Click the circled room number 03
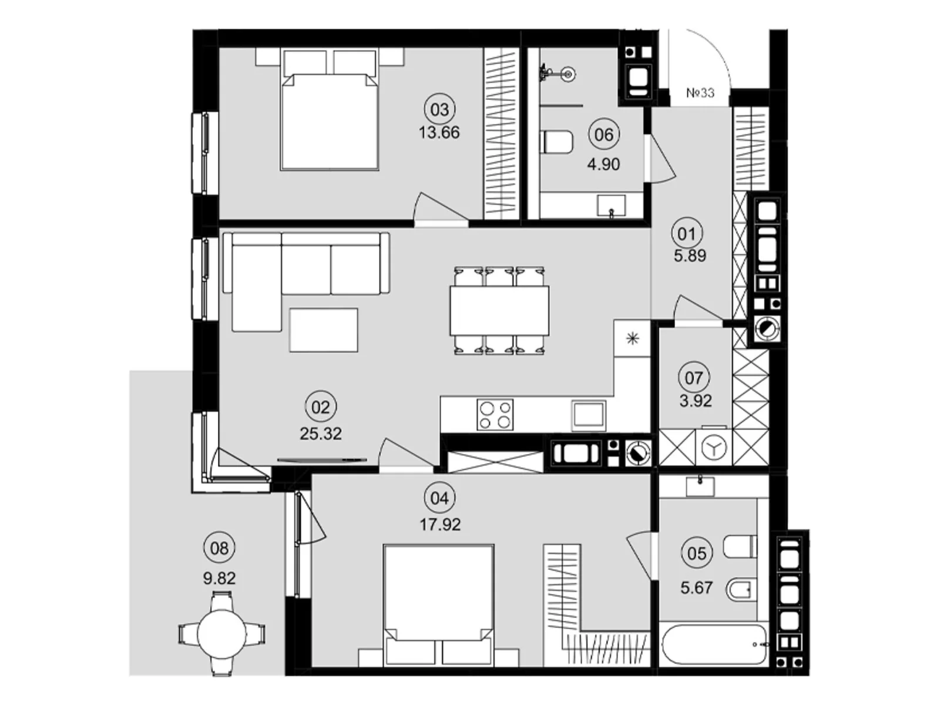click(x=439, y=110)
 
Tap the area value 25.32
click(x=320, y=434)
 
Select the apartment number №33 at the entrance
click(x=700, y=92)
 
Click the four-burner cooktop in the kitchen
click(x=495, y=414)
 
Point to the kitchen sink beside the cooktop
click(x=589, y=414)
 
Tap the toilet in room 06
click(x=558, y=142)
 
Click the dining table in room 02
click(x=499, y=310)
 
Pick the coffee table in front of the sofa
click(x=323, y=330)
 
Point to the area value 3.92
click(x=696, y=401)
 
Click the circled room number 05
click(x=696, y=553)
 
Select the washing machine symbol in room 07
click(x=713, y=448)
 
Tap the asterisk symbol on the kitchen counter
click(x=633, y=339)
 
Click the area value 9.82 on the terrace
click(x=219, y=578)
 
